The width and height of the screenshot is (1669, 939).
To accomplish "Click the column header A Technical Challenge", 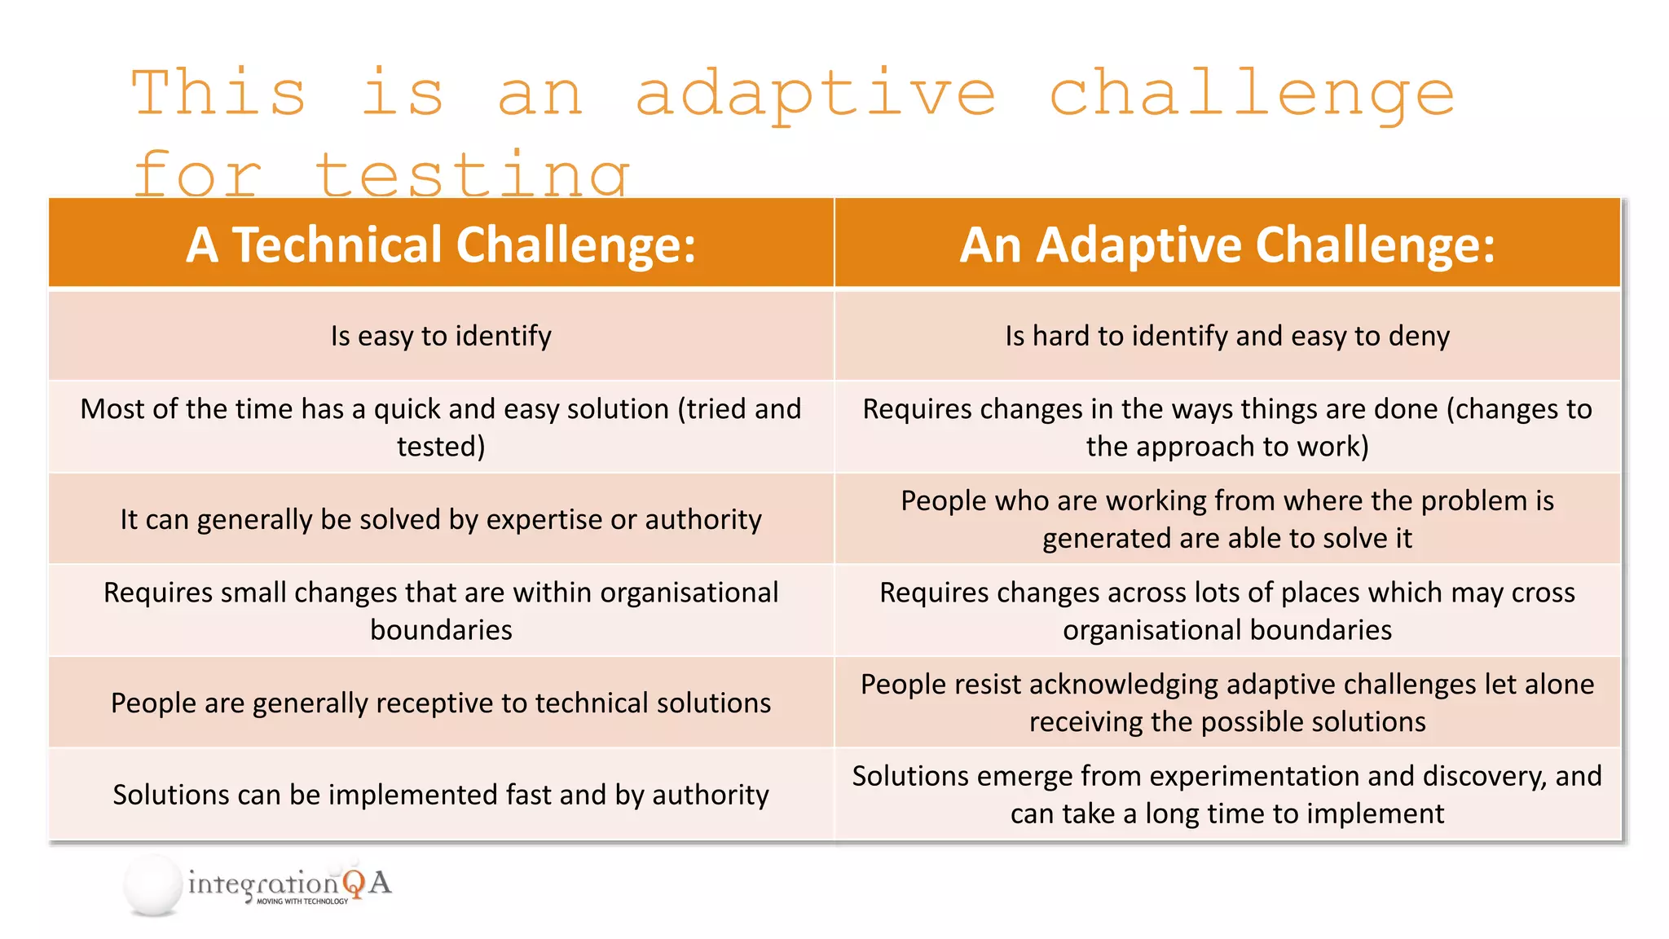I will (x=441, y=245).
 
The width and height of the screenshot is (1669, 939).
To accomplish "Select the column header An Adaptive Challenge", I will (x=1227, y=245).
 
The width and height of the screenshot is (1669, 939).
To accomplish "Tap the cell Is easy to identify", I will (x=441, y=336).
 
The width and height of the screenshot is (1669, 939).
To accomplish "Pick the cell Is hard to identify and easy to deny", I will (x=1227, y=336).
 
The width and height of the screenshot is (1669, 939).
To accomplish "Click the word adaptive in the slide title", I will (x=815, y=95).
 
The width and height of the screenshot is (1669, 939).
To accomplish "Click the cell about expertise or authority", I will (x=441, y=519).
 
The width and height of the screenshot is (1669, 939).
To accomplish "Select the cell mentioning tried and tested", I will (x=441, y=427).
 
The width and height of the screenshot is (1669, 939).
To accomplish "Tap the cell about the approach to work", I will (x=1227, y=427).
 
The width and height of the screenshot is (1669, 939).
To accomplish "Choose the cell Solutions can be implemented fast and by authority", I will (x=441, y=795).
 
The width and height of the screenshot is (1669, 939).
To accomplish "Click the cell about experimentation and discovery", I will (x=1227, y=795).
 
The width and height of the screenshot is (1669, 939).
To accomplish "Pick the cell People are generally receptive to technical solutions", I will (x=441, y=703).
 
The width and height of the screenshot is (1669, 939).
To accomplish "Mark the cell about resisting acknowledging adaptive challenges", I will (x=1227, y=703).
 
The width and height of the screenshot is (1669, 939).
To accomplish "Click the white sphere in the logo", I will (x=153, y=885).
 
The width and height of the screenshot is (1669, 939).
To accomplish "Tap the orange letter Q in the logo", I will (x=354, y=884).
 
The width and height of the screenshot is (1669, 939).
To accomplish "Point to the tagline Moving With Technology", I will (x=302, y=902).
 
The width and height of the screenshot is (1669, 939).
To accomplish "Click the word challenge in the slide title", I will (x=1252, y=95).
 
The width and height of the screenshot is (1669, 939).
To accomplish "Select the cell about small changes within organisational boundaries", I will (x=441, y=611).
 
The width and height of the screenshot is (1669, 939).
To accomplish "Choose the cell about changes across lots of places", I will (x=1227, y=611).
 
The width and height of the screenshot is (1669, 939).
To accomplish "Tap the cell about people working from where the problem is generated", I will (x=1227, y=519).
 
